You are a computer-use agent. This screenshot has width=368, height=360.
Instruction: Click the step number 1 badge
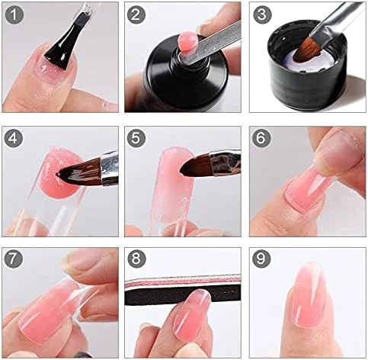click(x=14, y=14)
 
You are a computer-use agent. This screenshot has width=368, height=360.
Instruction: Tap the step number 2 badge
click(x=136, y=14)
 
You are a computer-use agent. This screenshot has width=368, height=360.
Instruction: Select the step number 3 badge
click(x=262, y=14)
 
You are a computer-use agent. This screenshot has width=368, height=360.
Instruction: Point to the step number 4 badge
click(x=14, y=138)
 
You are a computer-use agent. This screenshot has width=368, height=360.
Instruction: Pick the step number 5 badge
click(x=136, y=138)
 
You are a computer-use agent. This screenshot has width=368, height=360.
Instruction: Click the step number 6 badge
click(x=261, y=138)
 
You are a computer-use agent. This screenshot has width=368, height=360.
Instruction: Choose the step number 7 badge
click(x=14, y=259)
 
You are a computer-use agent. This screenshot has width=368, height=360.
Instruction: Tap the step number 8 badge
click(x=136, y=259)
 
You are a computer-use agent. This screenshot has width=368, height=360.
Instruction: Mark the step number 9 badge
click(x=261, y=259)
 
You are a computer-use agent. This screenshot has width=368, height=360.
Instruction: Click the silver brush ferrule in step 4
click(x=110, y=168)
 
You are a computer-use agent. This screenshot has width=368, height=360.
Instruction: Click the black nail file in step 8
click(x=183, y=292)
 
